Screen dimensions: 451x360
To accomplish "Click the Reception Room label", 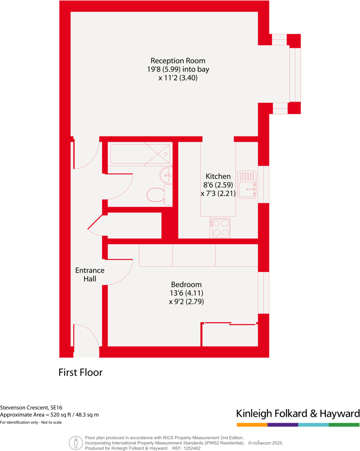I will click(178, 61).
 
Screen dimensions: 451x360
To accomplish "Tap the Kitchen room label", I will click(218, 176).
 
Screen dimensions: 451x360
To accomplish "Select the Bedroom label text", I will click(186, 284).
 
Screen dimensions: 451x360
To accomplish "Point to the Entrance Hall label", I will click(90, 274).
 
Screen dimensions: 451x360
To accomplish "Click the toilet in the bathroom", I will click(156, 194).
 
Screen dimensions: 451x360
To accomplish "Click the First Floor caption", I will click(80, 372).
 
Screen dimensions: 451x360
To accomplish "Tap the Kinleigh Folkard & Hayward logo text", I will click(298, 414).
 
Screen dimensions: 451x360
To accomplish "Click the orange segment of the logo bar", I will click(252, 425).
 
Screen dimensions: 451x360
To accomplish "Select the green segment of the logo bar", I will click(344, 425).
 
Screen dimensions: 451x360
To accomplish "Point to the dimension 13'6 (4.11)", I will click(186, 293).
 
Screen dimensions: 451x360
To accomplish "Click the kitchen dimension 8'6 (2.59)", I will click(218, 185).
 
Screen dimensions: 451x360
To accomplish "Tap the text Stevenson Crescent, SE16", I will click(31, 407).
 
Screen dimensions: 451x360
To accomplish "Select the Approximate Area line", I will click(49, 415).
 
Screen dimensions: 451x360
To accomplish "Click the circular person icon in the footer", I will click(76, 442).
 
